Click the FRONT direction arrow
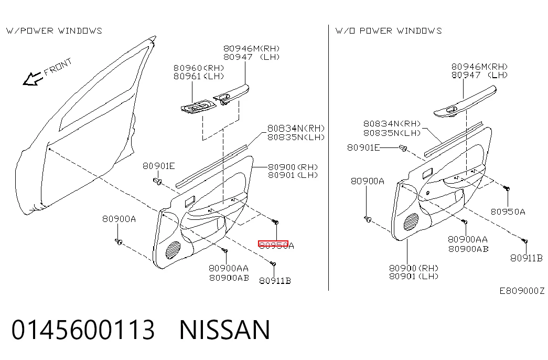pyautogui.click(x=32, y=79)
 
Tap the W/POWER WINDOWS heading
pyautogui.click(x=54, y=31)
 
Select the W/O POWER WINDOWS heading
pyautogui.click(x=389, y=31)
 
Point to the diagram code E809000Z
pyautogui.click(x=521, y=291)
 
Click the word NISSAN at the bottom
pyautogui.click(x=225, y=330)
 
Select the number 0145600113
pyautogui.click(x=83, y=330)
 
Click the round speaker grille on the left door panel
pyautogui.click(x=174, y=250)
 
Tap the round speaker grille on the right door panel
pyautogui.click(x=411, y=222)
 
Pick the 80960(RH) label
pyautogui.click(x=199, y=68)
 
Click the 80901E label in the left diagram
pyautogui.click(x=159, y=166)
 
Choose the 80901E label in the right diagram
pyautogui.click(x=363, y=147)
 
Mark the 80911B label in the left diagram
pyautogui.click(x=275, y=281)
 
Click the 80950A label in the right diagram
pyautogui.click(x=508, y=211)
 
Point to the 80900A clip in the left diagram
pyautogui.click(x=119, y=241)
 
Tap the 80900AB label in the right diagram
pyautogui.click(x=468, y=249)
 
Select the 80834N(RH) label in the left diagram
pyautogui.click(x=296, y=129)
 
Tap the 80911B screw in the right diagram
pyautogui.click(x=524, y=241)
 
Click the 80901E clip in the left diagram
pyautogui.click(x=157, y=181)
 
